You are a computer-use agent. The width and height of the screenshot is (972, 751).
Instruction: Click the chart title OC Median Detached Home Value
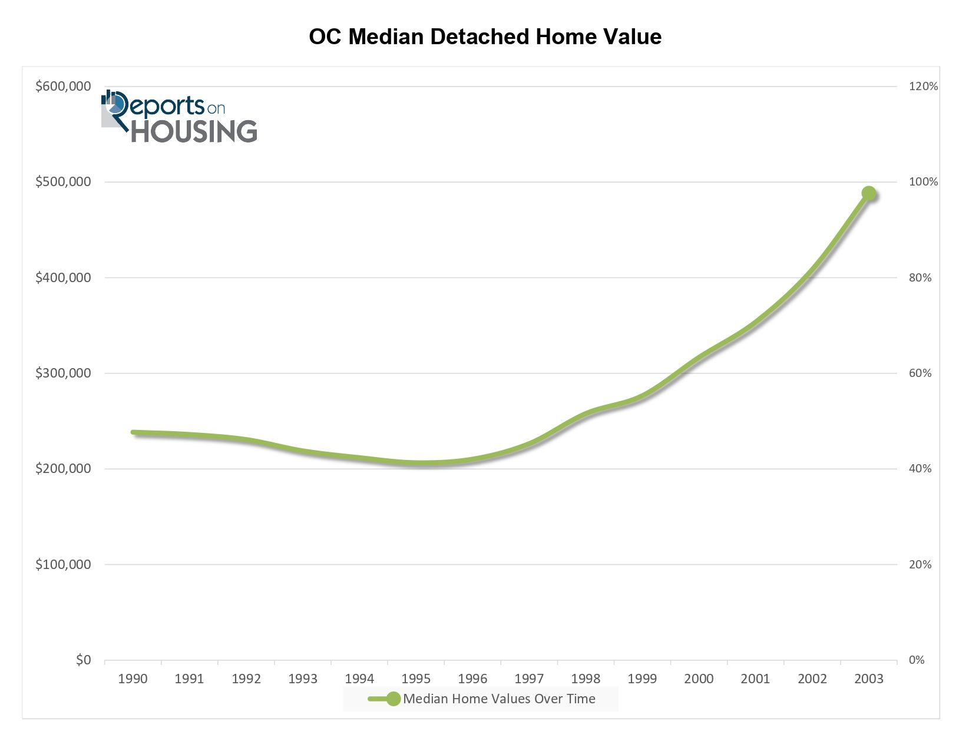[x=485, y=37]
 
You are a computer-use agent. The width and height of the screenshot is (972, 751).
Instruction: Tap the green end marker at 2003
[x=868, y=193]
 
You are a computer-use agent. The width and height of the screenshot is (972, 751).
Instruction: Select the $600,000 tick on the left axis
[x=64, y=87]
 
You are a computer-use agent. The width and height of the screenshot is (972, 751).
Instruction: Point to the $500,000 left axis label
[x=64, y=182]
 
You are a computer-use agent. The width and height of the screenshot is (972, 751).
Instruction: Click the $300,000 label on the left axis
[x=64, y=373]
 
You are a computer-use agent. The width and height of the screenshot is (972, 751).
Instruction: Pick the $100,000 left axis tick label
[x=64, y=565]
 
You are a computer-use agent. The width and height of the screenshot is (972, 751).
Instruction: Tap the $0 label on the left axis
[x=83, y=660]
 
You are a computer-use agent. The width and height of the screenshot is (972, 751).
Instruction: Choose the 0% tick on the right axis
[x=917, y=660]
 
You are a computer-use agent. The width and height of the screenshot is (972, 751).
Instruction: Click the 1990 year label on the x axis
[x=133, y=679]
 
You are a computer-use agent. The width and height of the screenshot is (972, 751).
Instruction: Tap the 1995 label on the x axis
[x=416, y=679]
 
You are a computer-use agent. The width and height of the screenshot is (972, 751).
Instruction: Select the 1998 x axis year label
[x=586, y=679]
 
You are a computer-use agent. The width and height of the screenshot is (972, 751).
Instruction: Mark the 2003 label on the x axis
[x=869, y=679]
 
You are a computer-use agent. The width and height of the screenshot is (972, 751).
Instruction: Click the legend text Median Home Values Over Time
[x=499, y=699]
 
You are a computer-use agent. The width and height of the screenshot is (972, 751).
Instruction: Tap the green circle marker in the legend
[x=393, y=699]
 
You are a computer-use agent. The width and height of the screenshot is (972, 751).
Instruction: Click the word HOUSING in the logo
[x=194, y=131]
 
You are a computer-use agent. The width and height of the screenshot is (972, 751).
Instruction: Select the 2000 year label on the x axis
[x=699, y=679]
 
